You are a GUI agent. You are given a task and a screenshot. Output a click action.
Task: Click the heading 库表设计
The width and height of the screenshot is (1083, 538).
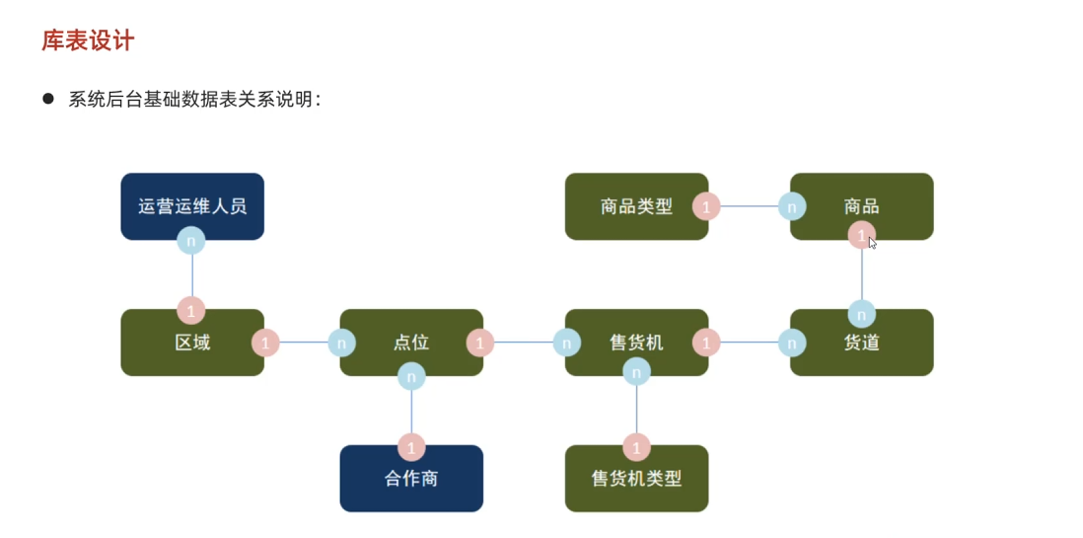[88, 40]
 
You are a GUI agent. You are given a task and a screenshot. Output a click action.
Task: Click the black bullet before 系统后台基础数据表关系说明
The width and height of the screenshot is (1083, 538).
[47, 99]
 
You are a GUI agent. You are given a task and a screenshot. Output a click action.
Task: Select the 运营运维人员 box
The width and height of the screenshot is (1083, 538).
[192, 206]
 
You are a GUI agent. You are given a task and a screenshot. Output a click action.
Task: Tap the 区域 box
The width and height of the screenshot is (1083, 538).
[192, 343]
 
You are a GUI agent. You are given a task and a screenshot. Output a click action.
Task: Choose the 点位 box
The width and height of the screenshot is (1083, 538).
[411, 343]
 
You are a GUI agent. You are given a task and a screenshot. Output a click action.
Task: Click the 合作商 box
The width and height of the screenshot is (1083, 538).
[411, 479]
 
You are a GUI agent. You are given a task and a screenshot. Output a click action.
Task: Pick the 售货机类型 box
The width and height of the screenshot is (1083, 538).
[636, 479]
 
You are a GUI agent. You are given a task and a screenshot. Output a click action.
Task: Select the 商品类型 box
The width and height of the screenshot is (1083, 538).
[636, 206]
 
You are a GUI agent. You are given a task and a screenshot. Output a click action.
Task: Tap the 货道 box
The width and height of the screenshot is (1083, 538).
[861, 343]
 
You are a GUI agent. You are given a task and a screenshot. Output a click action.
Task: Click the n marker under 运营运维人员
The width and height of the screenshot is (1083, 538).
[191, 240]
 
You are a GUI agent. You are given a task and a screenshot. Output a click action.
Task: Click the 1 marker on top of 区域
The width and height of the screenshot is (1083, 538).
[191, 309]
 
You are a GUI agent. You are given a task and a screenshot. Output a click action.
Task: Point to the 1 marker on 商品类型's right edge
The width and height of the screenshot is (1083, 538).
[706, 206]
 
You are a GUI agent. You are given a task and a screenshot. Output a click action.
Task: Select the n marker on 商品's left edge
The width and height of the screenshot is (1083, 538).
[791, 206]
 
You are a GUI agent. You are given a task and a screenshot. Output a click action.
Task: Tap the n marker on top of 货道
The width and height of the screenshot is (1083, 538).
[861, 314]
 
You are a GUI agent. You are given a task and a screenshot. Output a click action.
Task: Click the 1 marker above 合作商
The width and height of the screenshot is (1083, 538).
[411, 446]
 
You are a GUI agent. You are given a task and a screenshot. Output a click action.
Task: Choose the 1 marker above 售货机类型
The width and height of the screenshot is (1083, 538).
[636, 446]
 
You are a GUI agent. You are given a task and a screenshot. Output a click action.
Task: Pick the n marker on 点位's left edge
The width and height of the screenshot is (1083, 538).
[341, 343]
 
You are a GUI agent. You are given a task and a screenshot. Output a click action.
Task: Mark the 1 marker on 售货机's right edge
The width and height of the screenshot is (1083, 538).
[706, 343]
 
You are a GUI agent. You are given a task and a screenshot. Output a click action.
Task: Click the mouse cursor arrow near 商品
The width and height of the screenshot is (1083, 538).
[873, 243]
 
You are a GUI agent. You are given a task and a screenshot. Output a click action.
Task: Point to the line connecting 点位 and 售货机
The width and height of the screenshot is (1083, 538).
[523, 343]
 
